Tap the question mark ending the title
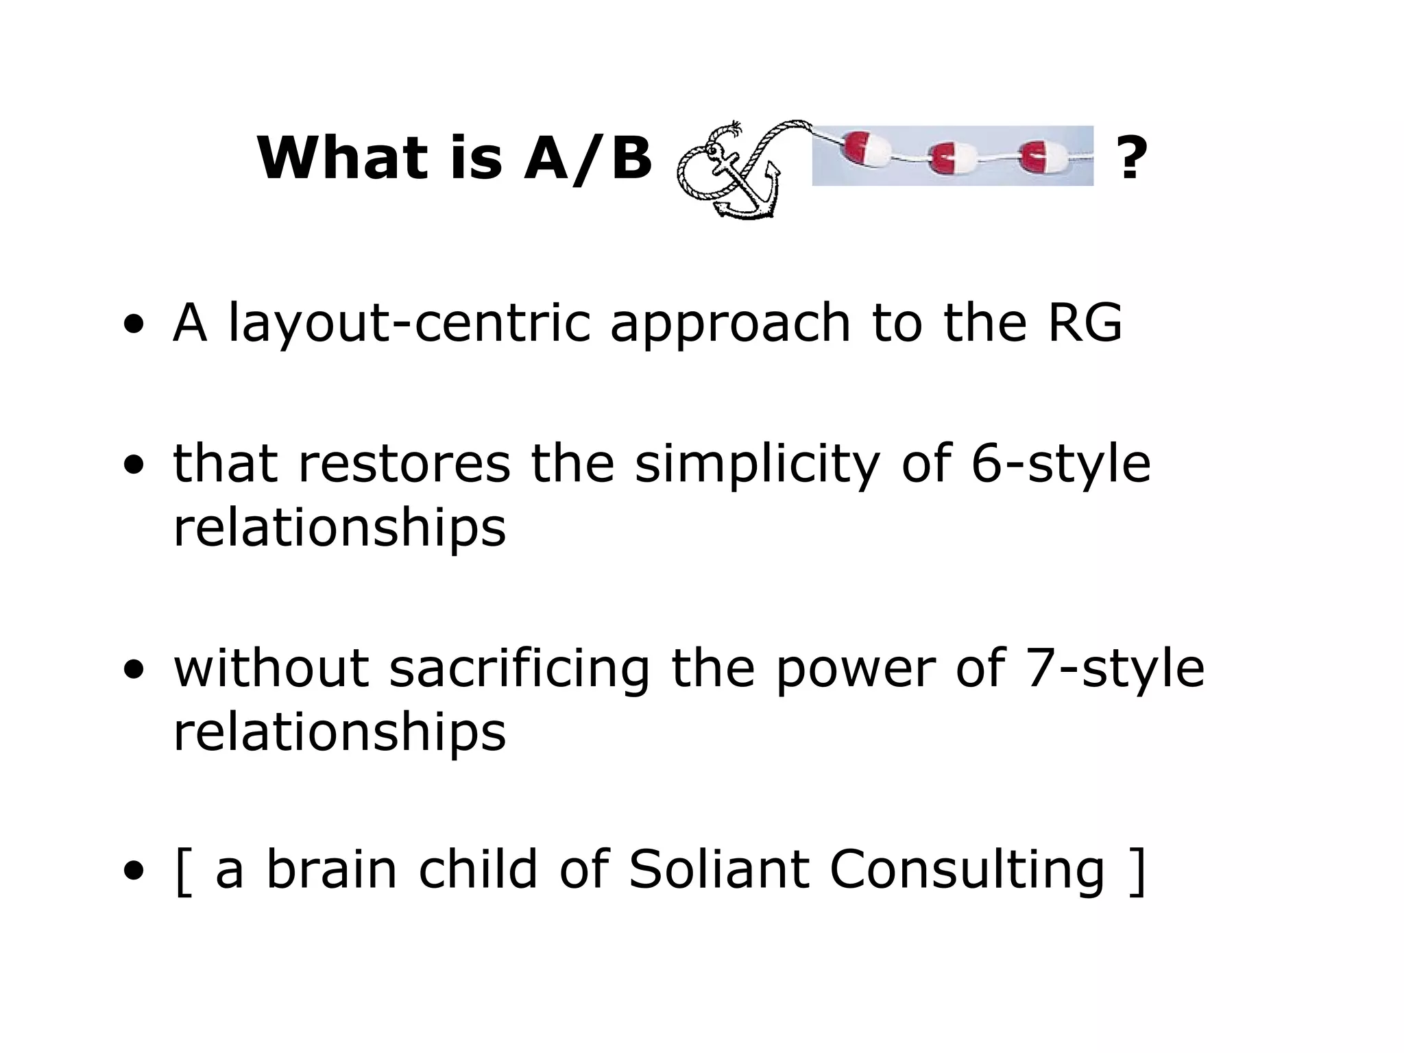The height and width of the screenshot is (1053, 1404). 1132,158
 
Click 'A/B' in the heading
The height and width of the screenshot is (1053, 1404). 588,158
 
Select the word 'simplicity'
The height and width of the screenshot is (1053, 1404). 756,464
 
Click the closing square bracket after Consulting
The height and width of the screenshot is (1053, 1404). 1137,871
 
